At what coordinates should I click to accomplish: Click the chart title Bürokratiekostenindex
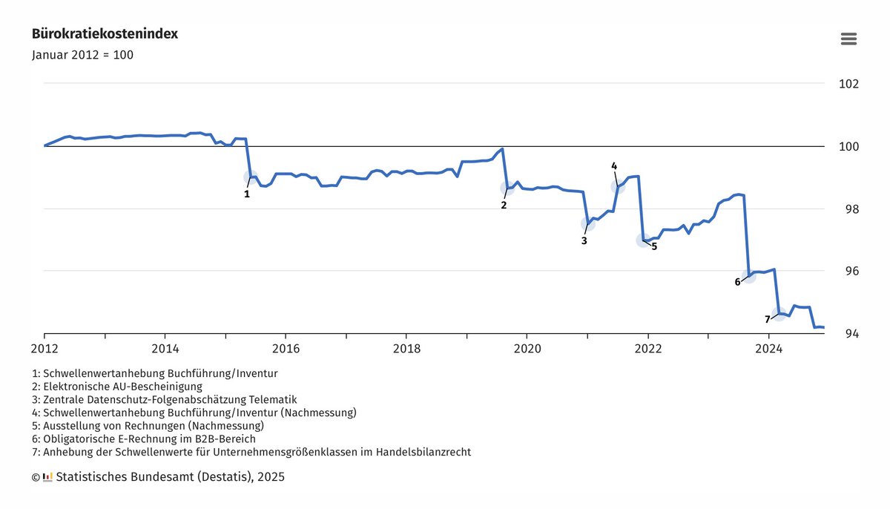[x=105, y=34]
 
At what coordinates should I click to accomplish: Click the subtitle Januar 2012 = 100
[x=82, y=55]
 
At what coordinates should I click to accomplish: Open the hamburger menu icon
[x=848, y=39]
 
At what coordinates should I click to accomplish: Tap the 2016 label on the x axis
[x=286, y=347]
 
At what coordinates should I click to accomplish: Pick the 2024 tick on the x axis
[x=768, y=347]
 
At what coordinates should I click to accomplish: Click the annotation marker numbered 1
[x=247, y=194]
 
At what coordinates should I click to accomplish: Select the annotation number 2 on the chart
[x=504, y=205]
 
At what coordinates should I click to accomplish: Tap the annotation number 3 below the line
[x=584, y=240]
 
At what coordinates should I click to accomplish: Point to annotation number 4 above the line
[x=614, y=165]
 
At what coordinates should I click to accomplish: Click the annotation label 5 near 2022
[x=654, y=246]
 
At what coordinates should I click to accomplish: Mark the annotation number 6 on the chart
[x=737, y=282]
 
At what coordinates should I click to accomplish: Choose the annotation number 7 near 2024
[x=768, y=320]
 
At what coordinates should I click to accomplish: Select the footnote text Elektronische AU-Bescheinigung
[x=122, y=387]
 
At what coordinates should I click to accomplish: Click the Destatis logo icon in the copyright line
[x=47, y=477]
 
